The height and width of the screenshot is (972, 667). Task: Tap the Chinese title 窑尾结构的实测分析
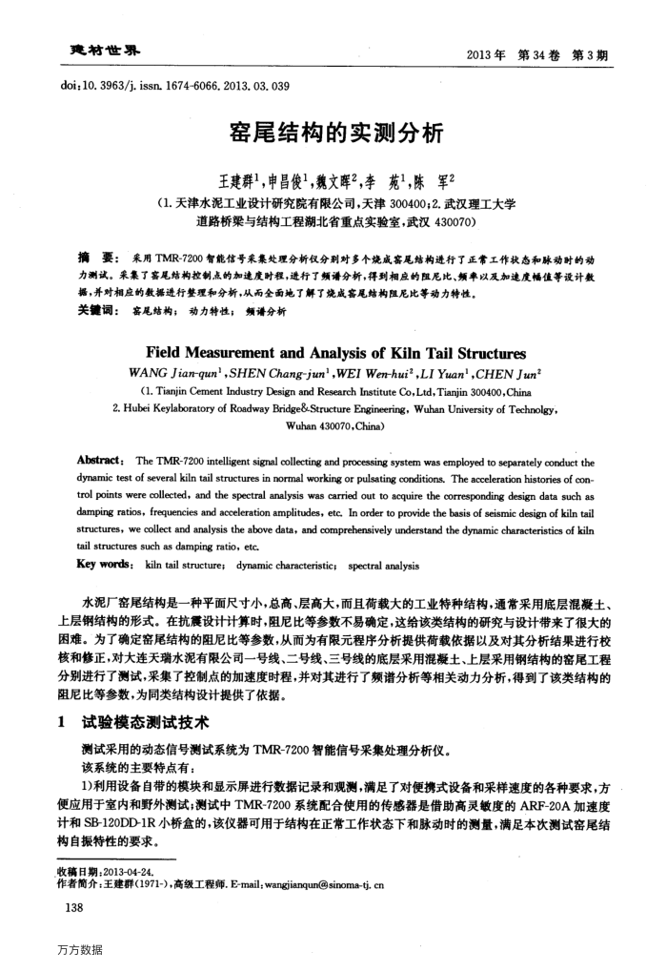pos(333,133)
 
